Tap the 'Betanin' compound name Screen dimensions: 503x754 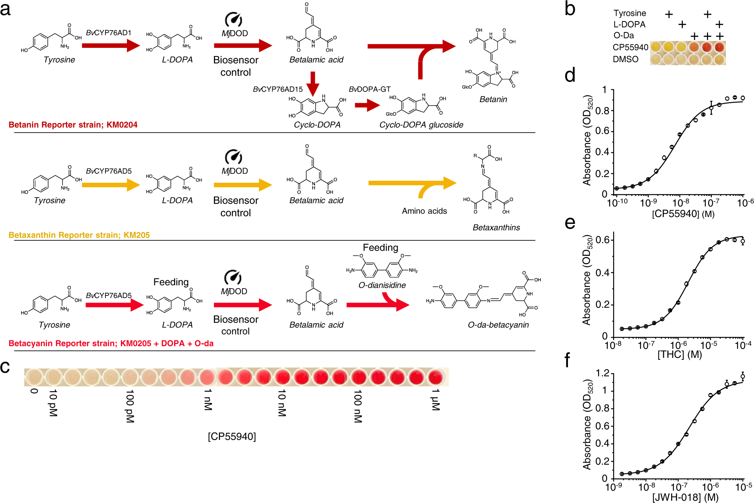(493, 99)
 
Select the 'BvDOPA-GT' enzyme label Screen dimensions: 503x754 (369, 89)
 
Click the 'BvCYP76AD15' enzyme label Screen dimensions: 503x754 (278, 89)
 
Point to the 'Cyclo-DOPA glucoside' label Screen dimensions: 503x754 (421, 125)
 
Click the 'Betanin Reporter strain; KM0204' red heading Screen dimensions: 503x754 (73, 125)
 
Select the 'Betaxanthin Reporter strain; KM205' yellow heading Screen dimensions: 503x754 (79, 235)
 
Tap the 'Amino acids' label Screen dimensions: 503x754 (424, 211)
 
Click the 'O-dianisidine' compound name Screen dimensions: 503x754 (382, 285)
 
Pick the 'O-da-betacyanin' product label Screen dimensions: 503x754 (498, 325)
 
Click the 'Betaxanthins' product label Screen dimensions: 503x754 (496, 228)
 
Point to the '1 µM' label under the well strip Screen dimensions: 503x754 (435, 400)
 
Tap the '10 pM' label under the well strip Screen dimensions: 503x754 (53, 403)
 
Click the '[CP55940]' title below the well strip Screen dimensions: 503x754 (232, 436)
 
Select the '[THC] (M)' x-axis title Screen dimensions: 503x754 (679, 355)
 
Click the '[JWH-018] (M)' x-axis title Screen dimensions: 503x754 (685, 497)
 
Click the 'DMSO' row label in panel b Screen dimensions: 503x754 (625, 60)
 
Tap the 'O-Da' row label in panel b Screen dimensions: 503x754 (623, 35)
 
